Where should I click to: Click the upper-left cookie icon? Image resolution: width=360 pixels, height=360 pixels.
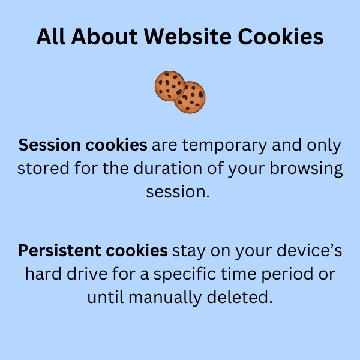[x=170, y=86]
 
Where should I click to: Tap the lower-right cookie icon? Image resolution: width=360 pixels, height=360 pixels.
[x=190, y=98]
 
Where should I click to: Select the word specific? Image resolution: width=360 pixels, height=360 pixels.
[x=199, y=274]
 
